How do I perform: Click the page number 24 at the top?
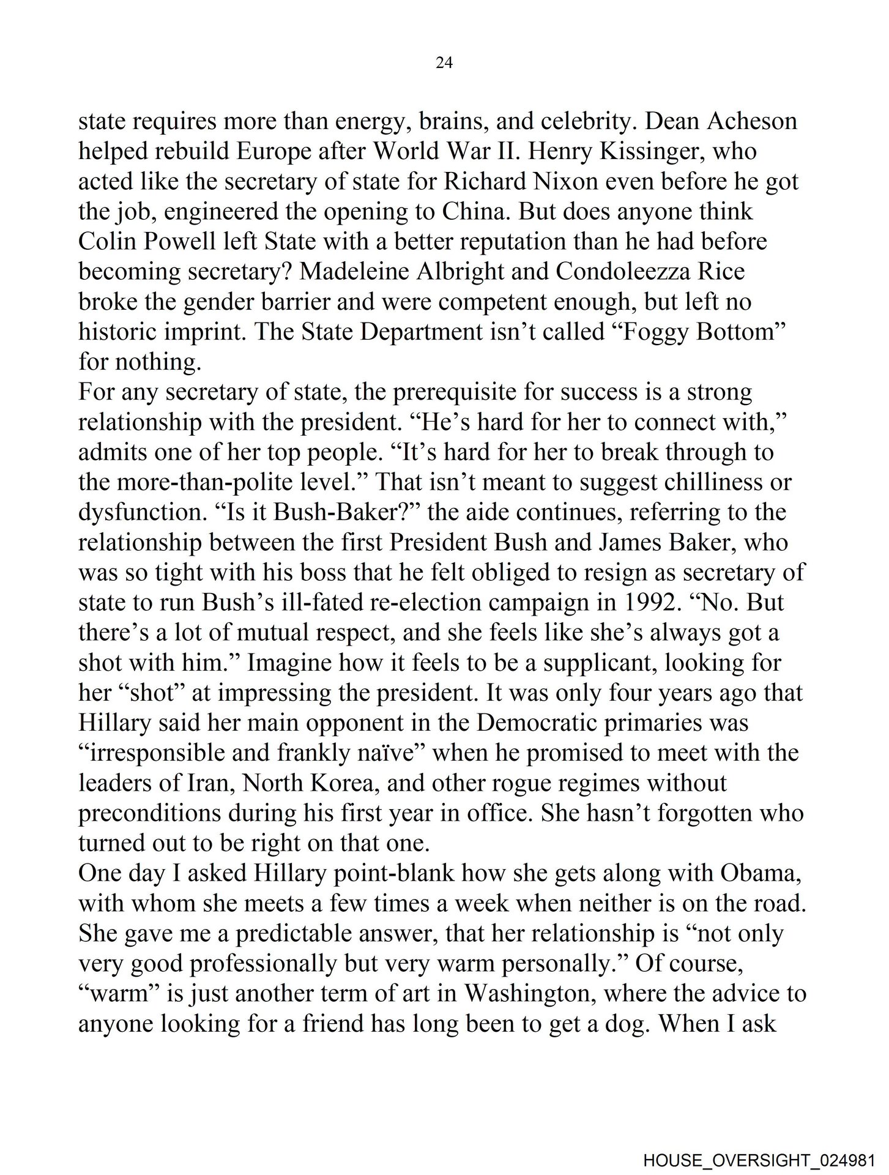click(444, 62)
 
